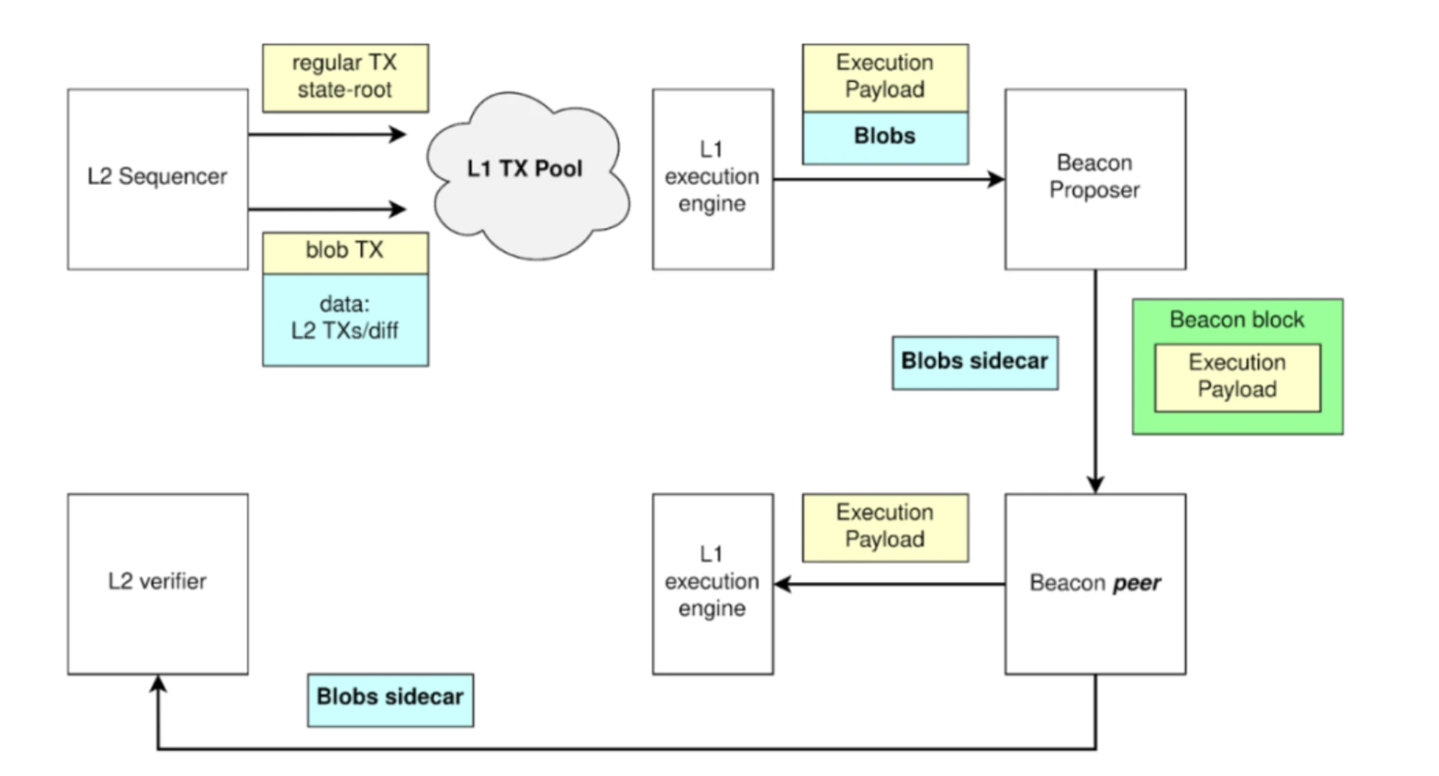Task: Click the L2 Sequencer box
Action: tap(158, 179)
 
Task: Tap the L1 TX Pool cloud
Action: tap(525, 173)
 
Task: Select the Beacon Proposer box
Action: tap(1094, 179)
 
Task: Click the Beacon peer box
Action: tap(1094, 583)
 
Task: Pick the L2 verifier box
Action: tap(158, 583)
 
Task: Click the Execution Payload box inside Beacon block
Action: tap(1237, 378)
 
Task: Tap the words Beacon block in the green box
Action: tap(1237, 320)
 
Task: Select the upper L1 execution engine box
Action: tap(712, 179)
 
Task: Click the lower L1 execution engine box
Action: tap(712, 583)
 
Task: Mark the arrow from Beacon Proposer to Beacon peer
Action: tap(1095, 381)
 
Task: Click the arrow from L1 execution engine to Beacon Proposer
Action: tap(889, 179)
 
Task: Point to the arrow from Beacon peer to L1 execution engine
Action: tap(889, 583)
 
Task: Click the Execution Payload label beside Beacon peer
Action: tap(885, 527)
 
